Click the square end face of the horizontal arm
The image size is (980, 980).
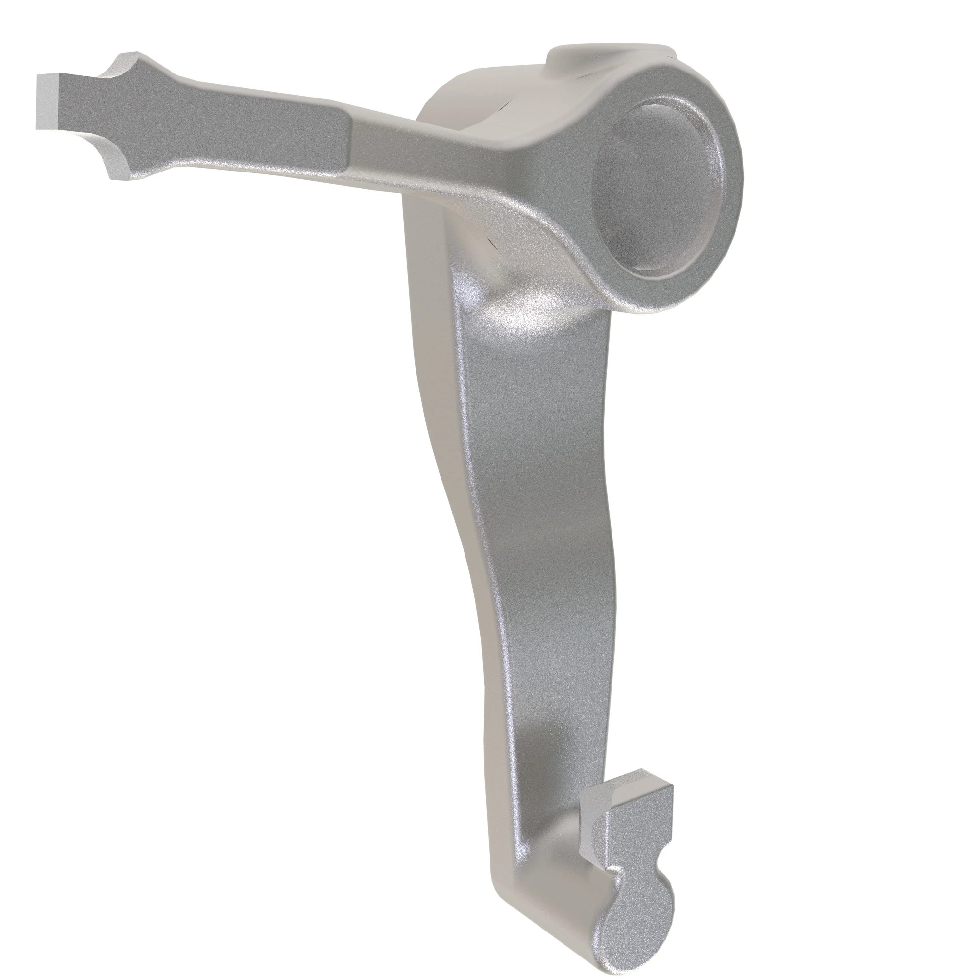click(x=46, y=101)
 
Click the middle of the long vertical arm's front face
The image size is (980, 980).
click(x=538, y=507)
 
